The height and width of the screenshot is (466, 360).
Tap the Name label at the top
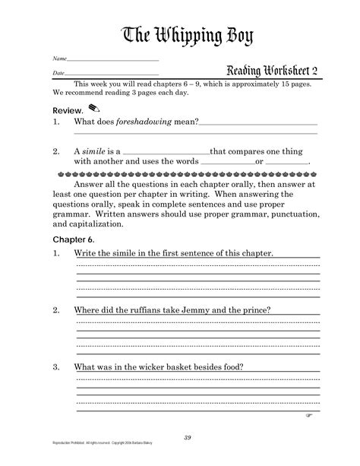58,59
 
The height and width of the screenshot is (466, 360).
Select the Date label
58,72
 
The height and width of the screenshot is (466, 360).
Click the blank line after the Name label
112,59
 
